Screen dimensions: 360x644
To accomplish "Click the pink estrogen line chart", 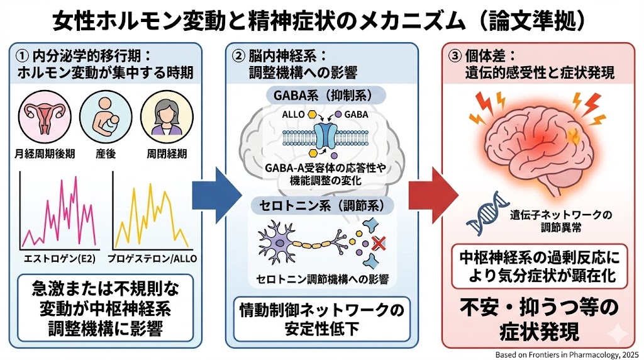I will pyautogui.click(x=58, y=214).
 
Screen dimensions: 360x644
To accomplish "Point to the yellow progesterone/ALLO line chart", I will pyautogui.click(x=151, y=214).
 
